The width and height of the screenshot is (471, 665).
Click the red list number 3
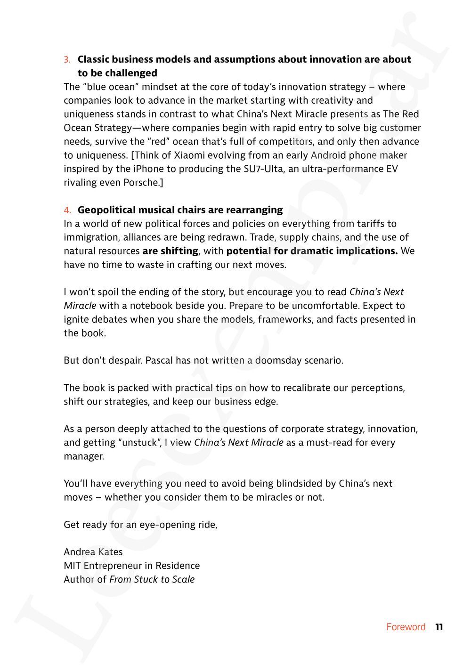67,60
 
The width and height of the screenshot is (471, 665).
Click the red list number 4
67,210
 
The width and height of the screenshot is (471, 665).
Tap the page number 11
439,627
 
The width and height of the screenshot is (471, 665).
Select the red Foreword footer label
406,627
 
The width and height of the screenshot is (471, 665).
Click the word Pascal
159,361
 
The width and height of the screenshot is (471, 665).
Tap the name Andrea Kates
93,552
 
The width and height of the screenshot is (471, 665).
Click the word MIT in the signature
72,566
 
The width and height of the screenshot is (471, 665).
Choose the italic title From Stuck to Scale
152,579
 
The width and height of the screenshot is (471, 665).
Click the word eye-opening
159,525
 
